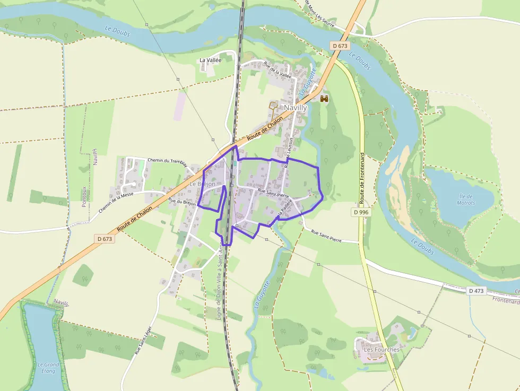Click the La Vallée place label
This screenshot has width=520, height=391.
(210, 60)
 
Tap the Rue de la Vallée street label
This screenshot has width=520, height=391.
(278, 71)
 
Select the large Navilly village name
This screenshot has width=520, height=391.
(296, 108)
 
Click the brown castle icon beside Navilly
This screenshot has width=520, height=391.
(324, 98)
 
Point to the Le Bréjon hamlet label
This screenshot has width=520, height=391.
(203, 184)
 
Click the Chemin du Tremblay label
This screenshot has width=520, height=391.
(167, 161)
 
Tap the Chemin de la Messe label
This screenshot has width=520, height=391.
(116, 203)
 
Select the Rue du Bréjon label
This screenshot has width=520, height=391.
(182, 202)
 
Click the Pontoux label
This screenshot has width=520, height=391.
(84, 196)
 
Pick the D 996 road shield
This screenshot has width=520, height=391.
(360, 212)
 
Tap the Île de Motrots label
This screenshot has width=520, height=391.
(466, 199)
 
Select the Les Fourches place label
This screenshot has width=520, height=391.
(381, 350)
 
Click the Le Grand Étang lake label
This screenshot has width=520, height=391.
(48, 368)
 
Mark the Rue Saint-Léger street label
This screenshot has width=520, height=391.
(143, 340)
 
